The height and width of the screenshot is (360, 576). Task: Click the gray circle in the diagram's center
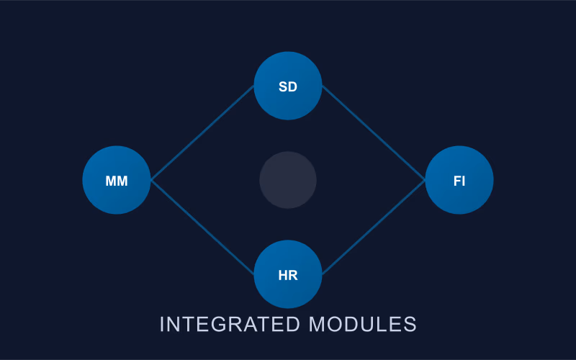coord(288,180)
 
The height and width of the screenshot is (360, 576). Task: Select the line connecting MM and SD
coord(202,132)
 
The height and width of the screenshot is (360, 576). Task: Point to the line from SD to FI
coord(373,132)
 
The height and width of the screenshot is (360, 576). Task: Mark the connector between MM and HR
coord(202,228)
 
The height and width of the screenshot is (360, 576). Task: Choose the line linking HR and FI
coord(373,228)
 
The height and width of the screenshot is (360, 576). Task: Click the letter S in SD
coord(283,87)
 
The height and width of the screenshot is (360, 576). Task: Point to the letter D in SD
coord(293,87)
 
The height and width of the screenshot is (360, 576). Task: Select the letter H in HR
coord(283,275)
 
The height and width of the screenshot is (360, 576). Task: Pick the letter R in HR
coord(293,275)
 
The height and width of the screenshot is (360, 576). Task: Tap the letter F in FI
coord(456,181)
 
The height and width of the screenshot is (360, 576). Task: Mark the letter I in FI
coord(463,181)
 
